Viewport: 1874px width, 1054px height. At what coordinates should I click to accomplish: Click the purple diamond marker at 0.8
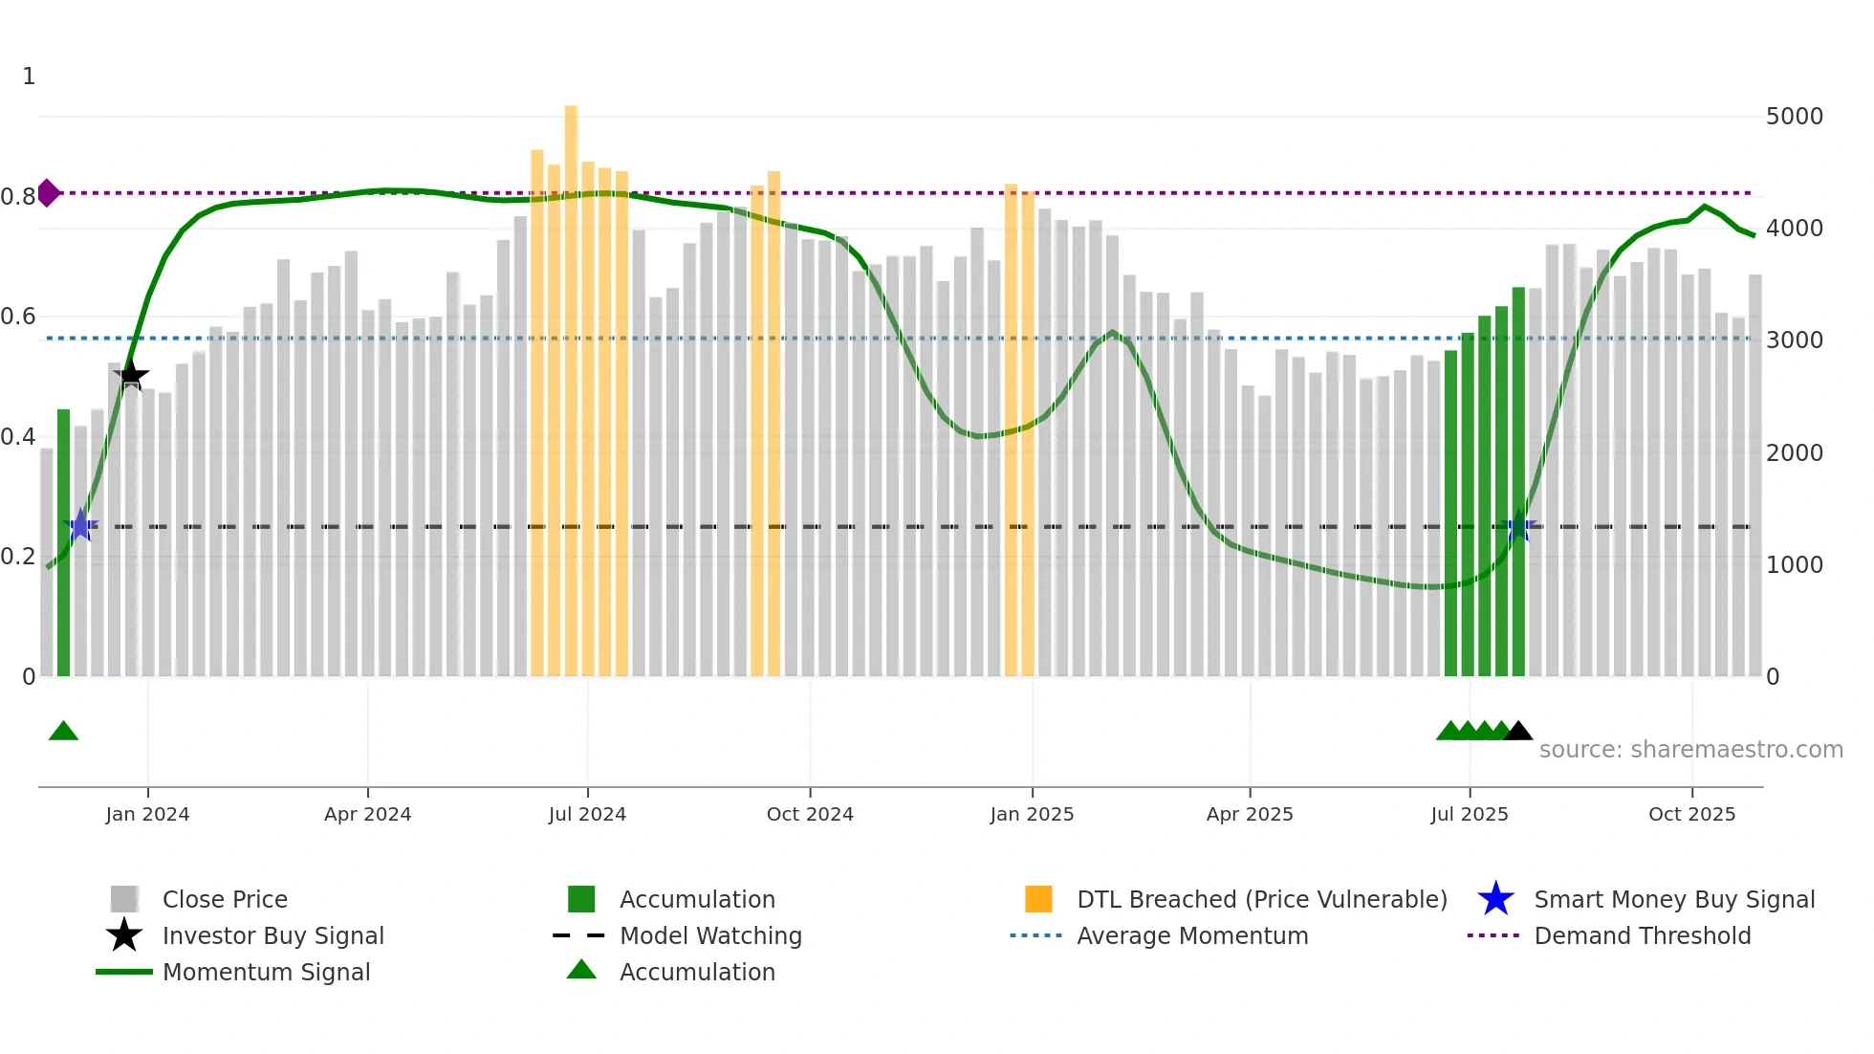(48, 193)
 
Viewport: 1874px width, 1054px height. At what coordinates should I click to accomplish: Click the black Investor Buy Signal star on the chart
(132, 376)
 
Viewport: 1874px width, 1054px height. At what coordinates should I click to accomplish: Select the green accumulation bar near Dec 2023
(64, 542)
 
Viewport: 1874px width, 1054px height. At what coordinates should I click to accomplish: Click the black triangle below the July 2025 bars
(1518, 732)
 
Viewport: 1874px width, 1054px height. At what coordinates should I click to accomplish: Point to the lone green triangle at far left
(63, 732)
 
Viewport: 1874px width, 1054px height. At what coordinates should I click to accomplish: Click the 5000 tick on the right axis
(1794, 117)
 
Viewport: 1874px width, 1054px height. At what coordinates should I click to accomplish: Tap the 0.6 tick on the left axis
(17, 317)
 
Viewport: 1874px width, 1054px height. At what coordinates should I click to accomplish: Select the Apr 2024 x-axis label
(367, 814)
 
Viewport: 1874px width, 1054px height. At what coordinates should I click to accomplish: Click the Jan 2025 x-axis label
(1032, 814)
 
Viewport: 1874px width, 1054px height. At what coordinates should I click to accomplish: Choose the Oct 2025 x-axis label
(1691, 814)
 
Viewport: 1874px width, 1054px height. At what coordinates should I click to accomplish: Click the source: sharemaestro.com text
(1690, 750)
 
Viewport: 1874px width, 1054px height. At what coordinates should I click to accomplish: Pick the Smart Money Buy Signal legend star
(1495, 899)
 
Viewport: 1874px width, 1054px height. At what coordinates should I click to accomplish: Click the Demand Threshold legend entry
(1642, 935)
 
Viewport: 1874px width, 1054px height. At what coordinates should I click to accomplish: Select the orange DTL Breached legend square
(1038, 899)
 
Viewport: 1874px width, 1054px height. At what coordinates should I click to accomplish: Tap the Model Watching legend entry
(709, 935)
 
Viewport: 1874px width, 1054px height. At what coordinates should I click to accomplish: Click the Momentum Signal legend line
(124, 972)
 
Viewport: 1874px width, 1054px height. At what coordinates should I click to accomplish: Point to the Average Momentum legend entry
(1191, 935)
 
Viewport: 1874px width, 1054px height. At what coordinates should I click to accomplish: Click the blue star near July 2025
(1518, 527)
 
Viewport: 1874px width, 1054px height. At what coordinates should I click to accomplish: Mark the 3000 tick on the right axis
(1794, 340)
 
